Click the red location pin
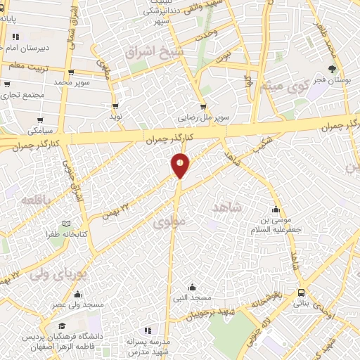pyautogui.click(x=181, y=165)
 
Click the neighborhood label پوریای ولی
pyautogui.click(x=58, y=275)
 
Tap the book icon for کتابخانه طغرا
pyautogui.click(x=67, y=223)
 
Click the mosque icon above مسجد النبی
pyautogui.click(x=192, y=286)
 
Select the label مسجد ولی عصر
pyautogui.click(x=78, y=304)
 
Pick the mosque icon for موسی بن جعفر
pyautogui.click(x=276, y=210)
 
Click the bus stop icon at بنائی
pyautogui.click(x=302, y=292)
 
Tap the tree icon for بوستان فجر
pyautogui.click(x=331, y=69)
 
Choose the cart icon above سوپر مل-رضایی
pyautogui.click(x=203, y=108)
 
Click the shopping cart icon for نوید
pyautogui.click(x=115, y=106)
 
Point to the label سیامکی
pyautogui.click(x=41, y=131)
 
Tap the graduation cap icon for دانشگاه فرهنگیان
pyautogui.click(x=63, y=326)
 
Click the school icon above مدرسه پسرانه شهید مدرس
pyautogui.click(x=147, y=330)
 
